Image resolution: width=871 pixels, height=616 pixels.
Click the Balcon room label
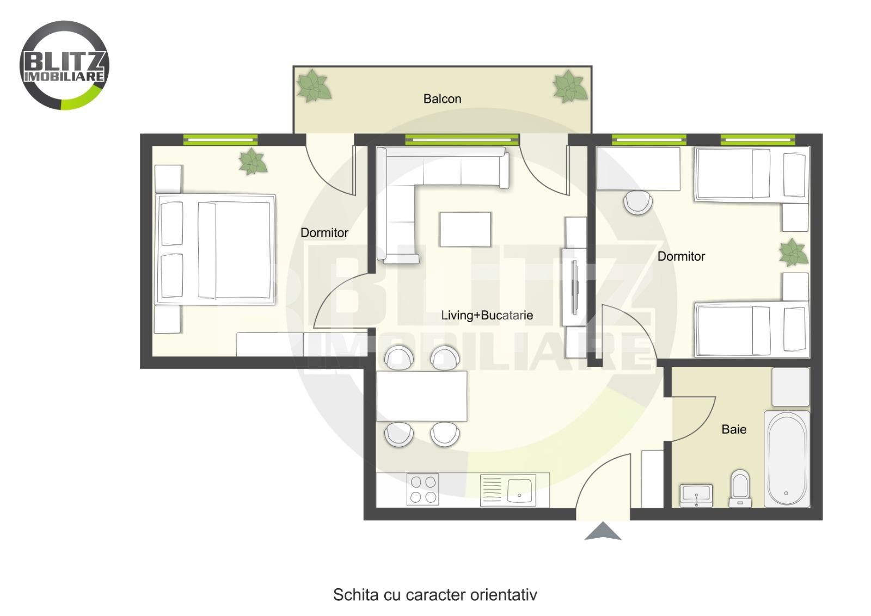pyautogui.click(x=442, y=98)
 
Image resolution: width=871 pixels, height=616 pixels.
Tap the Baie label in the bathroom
pyautogui.click(x=734, y=429)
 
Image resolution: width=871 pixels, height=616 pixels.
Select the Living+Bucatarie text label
pyautogui.click(x=487, y=315)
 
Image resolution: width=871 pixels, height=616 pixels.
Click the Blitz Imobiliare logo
pyautogui.click(x=64, y=65)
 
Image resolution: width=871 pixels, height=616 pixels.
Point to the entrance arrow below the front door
pyautogui.click(x=603, y=531)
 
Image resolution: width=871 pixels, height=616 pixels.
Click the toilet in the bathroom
pyautogui.click(x=740, y=488)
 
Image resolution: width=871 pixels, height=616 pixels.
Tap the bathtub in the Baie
pyautogui.click(x=787, y=459)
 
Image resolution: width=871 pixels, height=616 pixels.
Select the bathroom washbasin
pyautogui.click(x=696, y=496)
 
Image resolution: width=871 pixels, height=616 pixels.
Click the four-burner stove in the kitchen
pyautogui.click(x=422, y=489)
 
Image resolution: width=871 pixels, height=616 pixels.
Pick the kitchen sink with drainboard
pyautogui.click(x=508, y=490)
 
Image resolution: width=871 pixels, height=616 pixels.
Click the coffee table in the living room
pyautogui.click(x=465, y=229)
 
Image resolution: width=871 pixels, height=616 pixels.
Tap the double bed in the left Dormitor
pyautogui.click(x=215, y=249)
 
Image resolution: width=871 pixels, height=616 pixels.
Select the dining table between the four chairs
pyautogui.click(x=422, y=396)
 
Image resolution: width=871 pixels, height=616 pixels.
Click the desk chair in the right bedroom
pyautogui.click(x=637, y=202)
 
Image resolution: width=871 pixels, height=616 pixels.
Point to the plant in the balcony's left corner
pyautogui.click(x=314, y=86)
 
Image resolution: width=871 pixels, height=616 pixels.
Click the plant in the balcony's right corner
pyautogui.click(x=569, y=87)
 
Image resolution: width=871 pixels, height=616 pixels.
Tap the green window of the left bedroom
pyautogui.click(x=220, y=139)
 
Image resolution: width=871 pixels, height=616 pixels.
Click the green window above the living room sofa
pyautogui.click(x=462, y=139)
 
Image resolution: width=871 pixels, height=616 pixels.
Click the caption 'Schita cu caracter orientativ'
pyautogui.click(x=435, y=595)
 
